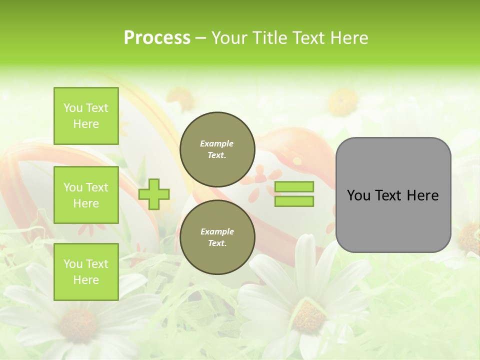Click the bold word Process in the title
pos(157,38)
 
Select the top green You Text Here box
pos(86,116)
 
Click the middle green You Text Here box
pos(86,195)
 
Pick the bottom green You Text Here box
pos(86,272)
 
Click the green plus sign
pos(154,194)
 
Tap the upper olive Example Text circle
pos(217,149)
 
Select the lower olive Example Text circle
pos(217,237)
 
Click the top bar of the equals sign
pos(294,187)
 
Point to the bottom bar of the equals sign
pos(294,201)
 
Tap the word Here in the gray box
pos(423,195)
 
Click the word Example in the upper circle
pos(217,143)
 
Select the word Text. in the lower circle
pos(217,243)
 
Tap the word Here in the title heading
pos(347,38)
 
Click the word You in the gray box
pos(358,195)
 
